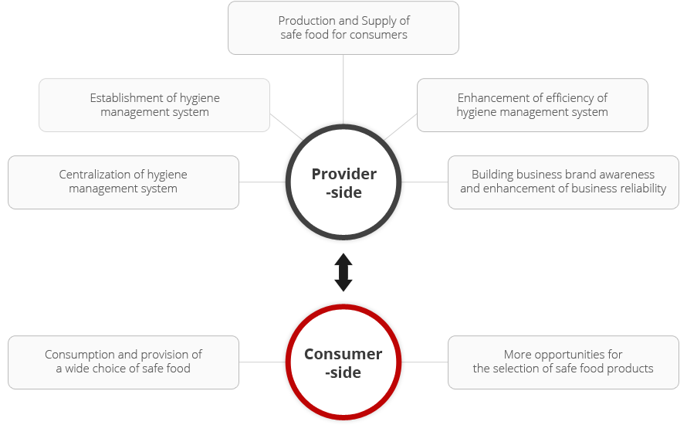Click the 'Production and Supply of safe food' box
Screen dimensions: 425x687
click(343, 28)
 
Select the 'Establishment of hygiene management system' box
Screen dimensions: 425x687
click(154, 105)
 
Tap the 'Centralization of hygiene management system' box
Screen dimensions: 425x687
click(124, 182)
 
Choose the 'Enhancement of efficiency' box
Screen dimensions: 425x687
click(533, 105)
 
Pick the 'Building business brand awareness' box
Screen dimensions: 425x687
click(563, 182)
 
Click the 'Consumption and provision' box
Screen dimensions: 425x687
click(124, 362)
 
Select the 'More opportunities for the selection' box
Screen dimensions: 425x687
click(563, 362)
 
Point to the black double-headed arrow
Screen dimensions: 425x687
click(343, 272)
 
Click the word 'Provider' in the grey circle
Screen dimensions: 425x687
click(344, 174)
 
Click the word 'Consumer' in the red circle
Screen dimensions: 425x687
click(343, 354)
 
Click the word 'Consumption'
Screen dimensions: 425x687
click(80, 355)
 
